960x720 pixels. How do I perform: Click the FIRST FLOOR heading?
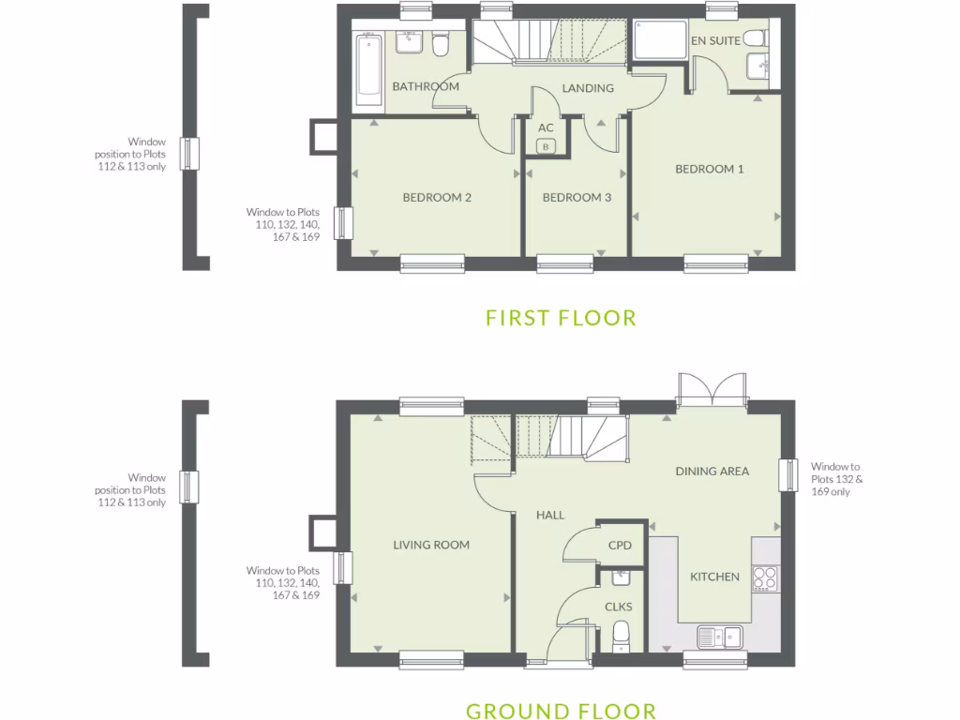coord(561,318)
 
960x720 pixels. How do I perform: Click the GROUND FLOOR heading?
coord(561,711)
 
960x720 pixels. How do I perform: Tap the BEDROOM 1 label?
coord(710,170)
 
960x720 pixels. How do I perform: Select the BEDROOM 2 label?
coord(436,198)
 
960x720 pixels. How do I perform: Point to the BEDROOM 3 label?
coord(577,198)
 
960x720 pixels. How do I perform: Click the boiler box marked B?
coord(547,145)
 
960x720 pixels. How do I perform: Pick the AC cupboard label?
coord(547,127)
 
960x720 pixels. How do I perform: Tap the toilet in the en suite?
coord(754,39)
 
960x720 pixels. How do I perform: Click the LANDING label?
coord(588,89)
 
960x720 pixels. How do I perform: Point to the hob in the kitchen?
coord(765,577)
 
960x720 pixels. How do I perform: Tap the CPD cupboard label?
coord(620,546)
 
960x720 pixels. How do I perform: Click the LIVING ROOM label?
coord(431,545)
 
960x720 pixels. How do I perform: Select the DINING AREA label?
coord(712,472)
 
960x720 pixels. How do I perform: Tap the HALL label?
coord(550,515)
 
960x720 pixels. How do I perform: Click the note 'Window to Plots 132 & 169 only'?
coord(836,479)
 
